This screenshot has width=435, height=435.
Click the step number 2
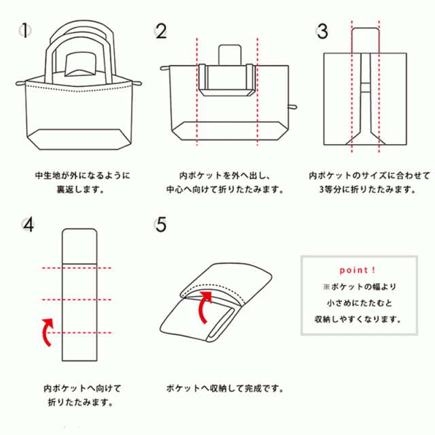click(161, 31)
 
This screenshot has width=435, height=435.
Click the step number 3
click(323, 31)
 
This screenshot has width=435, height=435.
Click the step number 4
click(27, 225)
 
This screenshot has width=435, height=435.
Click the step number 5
click(161, 225)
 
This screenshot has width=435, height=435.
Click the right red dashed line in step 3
click(379, 88)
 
